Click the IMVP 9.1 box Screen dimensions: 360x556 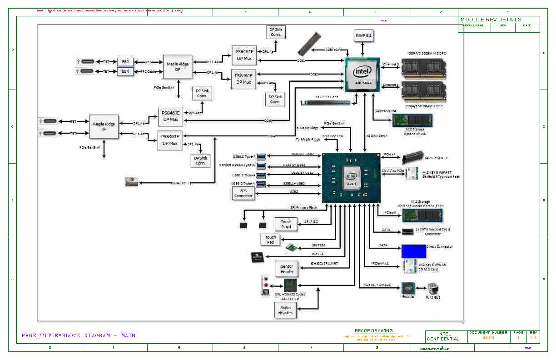click(x=362, y=35)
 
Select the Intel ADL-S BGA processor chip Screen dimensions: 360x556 click(x=362, y=74)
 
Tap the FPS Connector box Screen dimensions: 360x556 click(x=243, y=193)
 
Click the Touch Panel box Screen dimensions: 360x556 click(x=286, y=224)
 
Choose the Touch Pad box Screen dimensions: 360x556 click(x=270, y=240)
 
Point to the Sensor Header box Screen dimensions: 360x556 click(x=287, y=269)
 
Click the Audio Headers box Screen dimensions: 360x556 click(x=285, y=310)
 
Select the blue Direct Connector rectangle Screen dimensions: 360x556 click(x=413, y=251)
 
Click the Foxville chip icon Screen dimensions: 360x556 click(x=408, y=288)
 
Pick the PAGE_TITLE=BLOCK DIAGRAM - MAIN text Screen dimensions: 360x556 click(x=79, y=336)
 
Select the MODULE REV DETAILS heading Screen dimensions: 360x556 click(x=491, y=20)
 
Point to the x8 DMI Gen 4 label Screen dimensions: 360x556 click(x=377, y=135)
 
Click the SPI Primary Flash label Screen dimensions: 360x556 click(x=304, y=208)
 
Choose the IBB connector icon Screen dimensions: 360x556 click(x=131, y=182)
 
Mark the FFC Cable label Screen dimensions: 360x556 click(x=148, y=71)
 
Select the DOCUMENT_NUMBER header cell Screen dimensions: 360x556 click(x=488, y=333)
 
